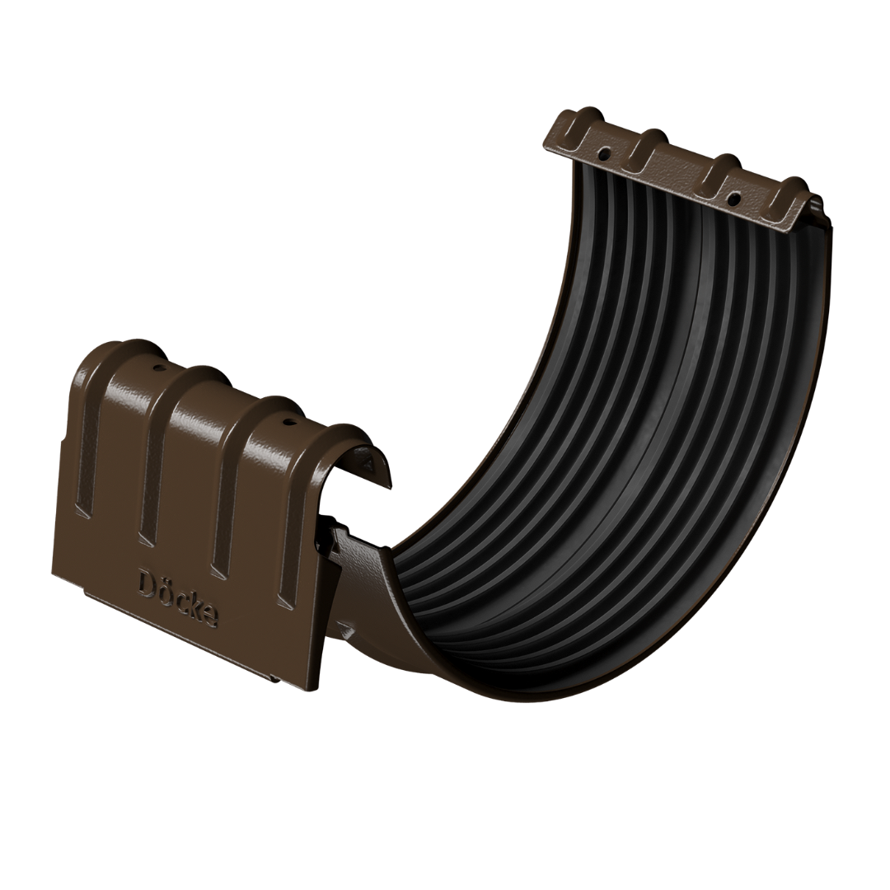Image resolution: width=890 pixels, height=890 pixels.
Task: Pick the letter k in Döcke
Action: tap(194, 604)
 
